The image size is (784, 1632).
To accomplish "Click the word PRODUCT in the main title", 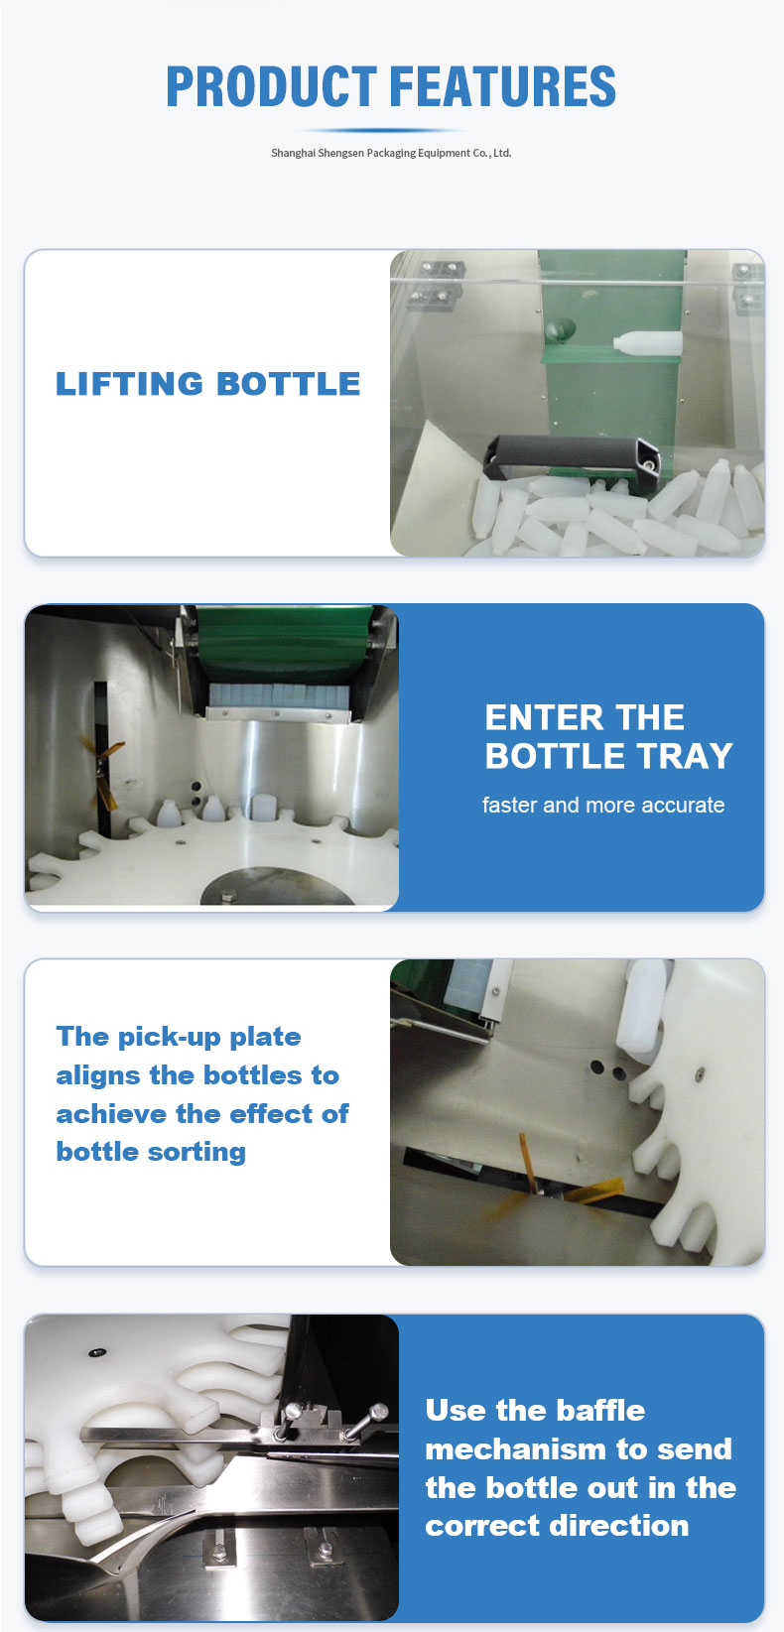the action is [271, 86].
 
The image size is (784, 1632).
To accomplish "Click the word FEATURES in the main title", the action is [503, 86].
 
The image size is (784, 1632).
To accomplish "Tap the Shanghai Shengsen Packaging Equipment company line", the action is [391, 153].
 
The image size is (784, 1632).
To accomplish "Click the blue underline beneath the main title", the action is [391, 130].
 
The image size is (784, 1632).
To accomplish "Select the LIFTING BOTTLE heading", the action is [208, 384].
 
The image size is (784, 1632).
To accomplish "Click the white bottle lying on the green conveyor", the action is [648, 343].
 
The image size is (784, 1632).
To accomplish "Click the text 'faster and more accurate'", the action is [603, 805].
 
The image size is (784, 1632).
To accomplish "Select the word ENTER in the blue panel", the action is [533, 717].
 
